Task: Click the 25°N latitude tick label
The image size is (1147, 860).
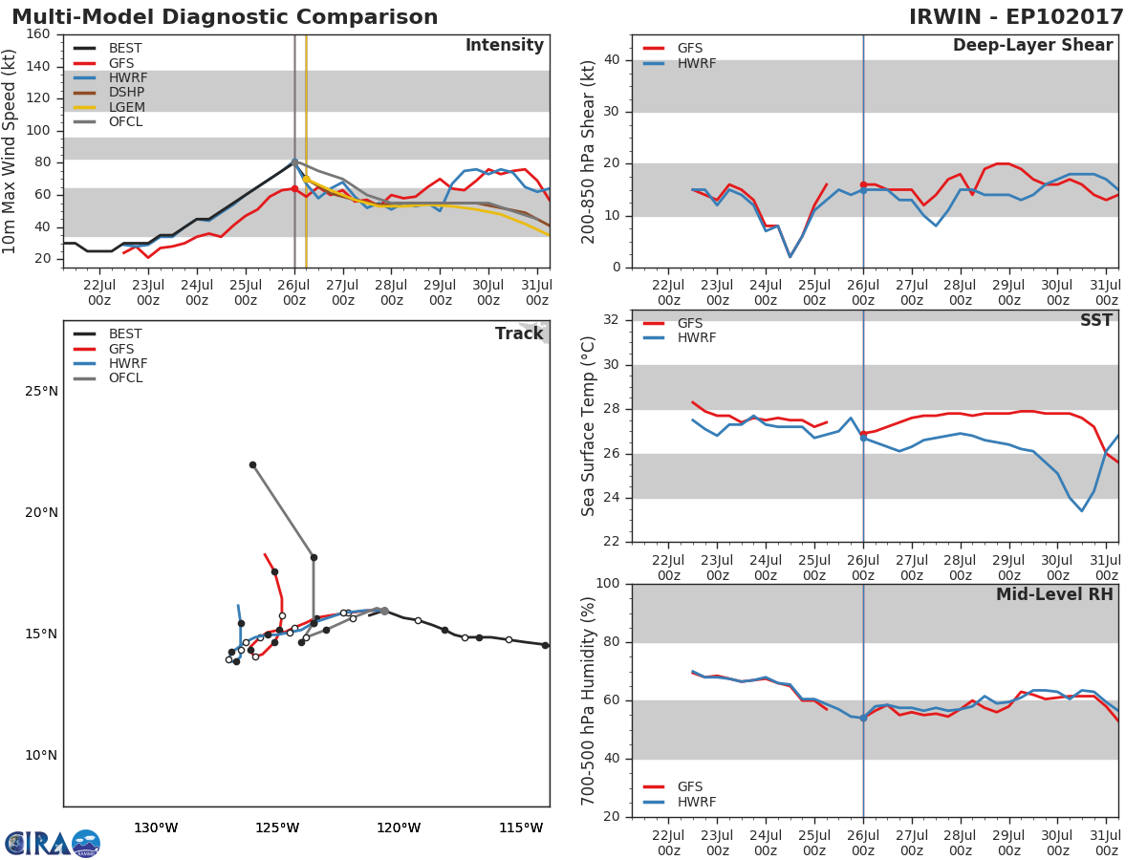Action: click(41, 391)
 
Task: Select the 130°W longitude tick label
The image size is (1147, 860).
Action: click(156, 828)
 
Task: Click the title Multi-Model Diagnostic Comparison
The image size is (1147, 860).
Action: click(225, 17)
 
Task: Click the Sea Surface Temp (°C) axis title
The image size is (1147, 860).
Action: click(589, 426)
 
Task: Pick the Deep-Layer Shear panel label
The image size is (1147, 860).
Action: click(1032, 46)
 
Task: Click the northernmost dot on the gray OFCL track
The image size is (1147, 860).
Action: click(252, 465)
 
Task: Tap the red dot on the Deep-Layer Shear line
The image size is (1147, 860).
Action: click(863, 184)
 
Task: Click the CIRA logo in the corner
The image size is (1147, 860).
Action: click(52, 843)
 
